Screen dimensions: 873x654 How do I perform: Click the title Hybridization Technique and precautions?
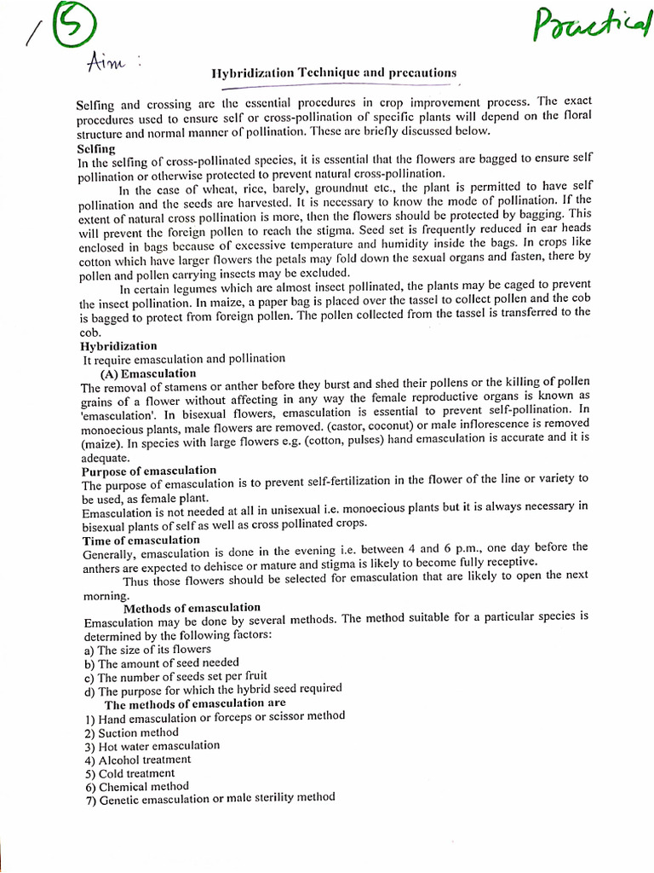click(x=334, y=73)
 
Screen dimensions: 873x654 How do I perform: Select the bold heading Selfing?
click(x=96, y=148)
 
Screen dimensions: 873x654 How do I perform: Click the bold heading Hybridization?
click(x=119, y=346)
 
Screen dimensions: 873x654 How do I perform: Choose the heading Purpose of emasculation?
click(x=149, y=471)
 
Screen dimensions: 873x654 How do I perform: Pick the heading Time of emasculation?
click(x=141, y=540)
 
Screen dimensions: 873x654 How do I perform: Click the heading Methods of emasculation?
click(x=192, y=608)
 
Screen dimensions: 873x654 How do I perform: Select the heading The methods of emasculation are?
click(x=195, y=704)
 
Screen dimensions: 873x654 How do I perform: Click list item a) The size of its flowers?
click(x=147, y=649)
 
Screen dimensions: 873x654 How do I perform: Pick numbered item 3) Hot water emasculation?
click(x=152, y=745)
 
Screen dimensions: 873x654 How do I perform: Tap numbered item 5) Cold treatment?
click(x=129, y=772)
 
